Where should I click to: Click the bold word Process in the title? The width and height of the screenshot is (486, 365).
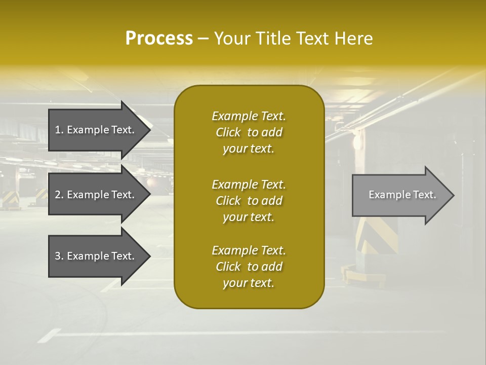[x=159, y=39]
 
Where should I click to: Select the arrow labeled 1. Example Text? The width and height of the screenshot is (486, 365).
[x=96, y=130]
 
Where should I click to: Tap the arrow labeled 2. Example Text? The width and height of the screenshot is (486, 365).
[x=96, y=195]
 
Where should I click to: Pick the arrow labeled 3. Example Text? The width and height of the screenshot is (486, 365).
[x=96, y=256]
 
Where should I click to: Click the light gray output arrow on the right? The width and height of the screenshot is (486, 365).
[x=400, y=195]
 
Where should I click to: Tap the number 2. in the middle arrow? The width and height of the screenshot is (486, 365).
[x=59, y=195]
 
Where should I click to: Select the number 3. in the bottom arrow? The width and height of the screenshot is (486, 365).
[x=59, y=256]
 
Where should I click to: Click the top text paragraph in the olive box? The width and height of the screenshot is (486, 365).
[x=249, y=132]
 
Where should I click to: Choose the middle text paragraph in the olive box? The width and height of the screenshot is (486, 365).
[x=249, y=201]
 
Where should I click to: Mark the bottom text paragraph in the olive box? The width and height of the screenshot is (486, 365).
[x=249, y=267]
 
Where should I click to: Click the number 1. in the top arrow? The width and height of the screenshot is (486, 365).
[x=59, y=130]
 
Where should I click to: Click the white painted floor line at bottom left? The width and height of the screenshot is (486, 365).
[x=49, y=336]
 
